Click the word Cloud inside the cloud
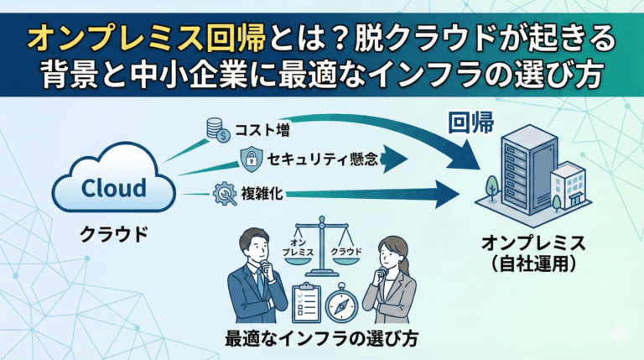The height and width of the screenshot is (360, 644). coord(113,187)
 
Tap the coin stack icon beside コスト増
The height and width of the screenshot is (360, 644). coord(217,129)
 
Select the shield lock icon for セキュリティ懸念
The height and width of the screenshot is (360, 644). coord(251,157)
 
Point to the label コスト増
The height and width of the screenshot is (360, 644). coord(262,130)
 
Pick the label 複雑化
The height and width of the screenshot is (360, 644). coord(266,193)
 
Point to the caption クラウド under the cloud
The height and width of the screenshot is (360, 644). coord(113,233)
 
